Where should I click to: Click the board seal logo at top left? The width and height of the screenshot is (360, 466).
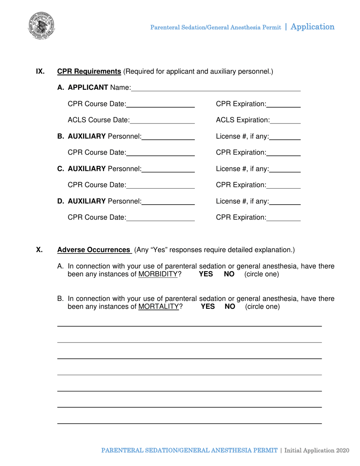41,27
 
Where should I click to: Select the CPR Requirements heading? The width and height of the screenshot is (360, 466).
89,71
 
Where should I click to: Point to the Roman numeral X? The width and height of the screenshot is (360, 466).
39,250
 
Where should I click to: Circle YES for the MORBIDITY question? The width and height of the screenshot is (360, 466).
207,274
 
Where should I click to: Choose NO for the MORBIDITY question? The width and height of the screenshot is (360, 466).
229,274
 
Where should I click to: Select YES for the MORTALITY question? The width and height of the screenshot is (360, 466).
208,306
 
